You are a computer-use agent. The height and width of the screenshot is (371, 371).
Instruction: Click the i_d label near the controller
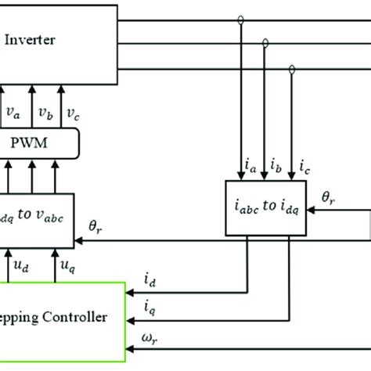pyautogui.click(x=149, y=279)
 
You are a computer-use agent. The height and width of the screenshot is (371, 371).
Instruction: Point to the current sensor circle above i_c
pyautogui.click(x=292, y=70)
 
